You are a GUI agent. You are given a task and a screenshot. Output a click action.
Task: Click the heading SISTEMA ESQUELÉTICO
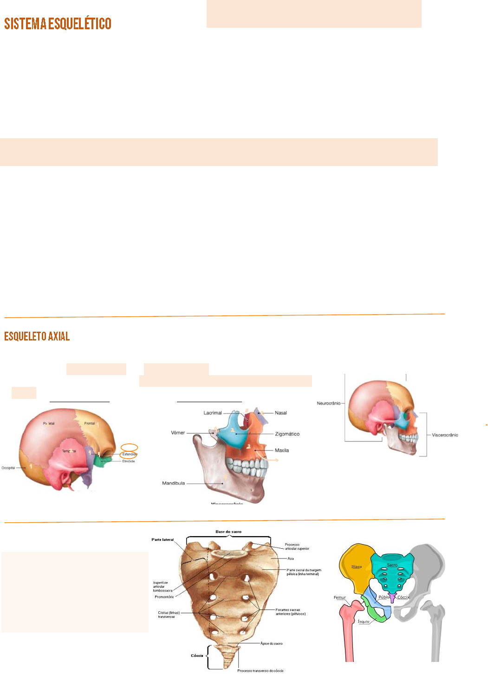click(x=58, y=24)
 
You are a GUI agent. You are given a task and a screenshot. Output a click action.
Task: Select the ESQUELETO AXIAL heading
click(x=37, y=336)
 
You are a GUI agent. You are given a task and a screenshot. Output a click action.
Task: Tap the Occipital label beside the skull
click(x=8, y=468)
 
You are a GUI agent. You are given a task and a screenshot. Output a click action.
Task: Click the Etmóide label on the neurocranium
click(x=129, y=461)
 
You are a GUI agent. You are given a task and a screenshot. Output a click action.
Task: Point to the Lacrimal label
click(x=213, y=413)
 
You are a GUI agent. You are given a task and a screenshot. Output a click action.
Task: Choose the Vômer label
click(x=178, y=433)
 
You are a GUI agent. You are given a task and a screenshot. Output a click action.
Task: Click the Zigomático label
click(x=287, y=434)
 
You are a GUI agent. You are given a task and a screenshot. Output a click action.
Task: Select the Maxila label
click(x=281, y=450)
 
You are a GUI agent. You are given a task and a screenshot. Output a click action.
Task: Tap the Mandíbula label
click(x=173, y=483)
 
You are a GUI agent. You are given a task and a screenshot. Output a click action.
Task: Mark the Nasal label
click(x=280, y=413)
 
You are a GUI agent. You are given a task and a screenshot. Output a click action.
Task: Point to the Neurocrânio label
click(x=328, y=404)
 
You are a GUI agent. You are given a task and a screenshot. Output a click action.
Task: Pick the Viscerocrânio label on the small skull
click(x=444, y=435)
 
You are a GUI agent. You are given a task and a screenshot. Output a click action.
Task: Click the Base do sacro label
click(x=228, y=532)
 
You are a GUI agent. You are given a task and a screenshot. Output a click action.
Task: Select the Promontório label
click(x=164, y=597)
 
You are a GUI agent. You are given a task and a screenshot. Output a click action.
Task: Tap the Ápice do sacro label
click(x=271, y=643)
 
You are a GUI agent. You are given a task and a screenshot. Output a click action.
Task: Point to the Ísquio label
click(x=364, y=622)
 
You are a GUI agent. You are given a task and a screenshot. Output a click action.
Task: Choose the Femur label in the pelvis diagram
click(x=340, y=597)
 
